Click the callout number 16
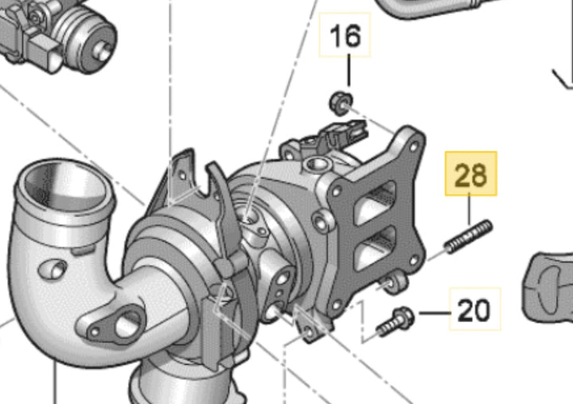[345, 36]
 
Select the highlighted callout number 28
[470, 175]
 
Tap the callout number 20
[474, 310]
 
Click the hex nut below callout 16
[341, 103]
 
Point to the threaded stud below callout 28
[469, 237]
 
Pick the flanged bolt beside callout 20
[395, 322]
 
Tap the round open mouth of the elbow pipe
[64, 187]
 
